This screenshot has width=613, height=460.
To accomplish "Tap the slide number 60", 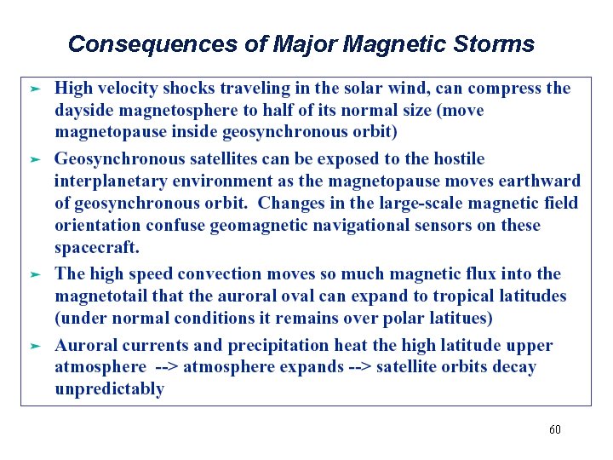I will [x=554, y=429].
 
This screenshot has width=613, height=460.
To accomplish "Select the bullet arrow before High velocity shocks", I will [x=35, y=89].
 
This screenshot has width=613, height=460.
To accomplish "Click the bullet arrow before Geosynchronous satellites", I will [x=35, y=159].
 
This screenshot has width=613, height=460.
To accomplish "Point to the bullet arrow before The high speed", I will [x=35, y=274].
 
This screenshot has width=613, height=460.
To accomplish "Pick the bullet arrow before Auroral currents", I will [x=35, y=346].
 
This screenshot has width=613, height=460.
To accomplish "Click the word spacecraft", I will [x=95, y=247].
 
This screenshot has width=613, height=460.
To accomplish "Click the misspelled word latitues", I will [x=463, y=318].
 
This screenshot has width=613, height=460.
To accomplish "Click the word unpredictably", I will [x=109, y=389].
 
